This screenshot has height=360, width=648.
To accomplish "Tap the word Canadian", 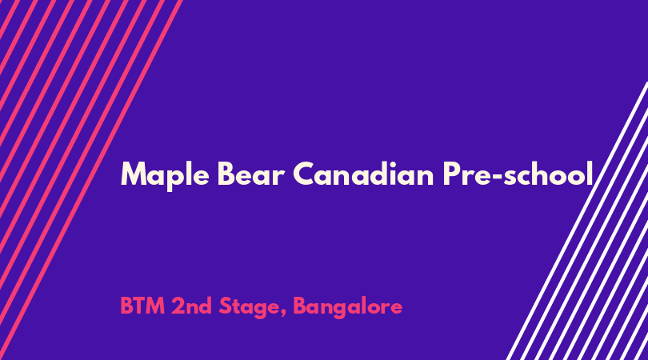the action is tap(363, 173).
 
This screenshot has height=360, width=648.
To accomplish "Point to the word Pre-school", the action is tap(518, 173).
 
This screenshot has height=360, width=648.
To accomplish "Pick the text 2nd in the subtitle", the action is tap(191, 306).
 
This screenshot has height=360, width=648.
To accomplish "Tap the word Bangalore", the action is tap(347, 307).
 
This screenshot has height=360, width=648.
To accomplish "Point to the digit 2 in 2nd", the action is tap(178, 306).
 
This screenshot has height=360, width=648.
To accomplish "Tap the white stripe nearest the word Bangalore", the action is tap(577, 221).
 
